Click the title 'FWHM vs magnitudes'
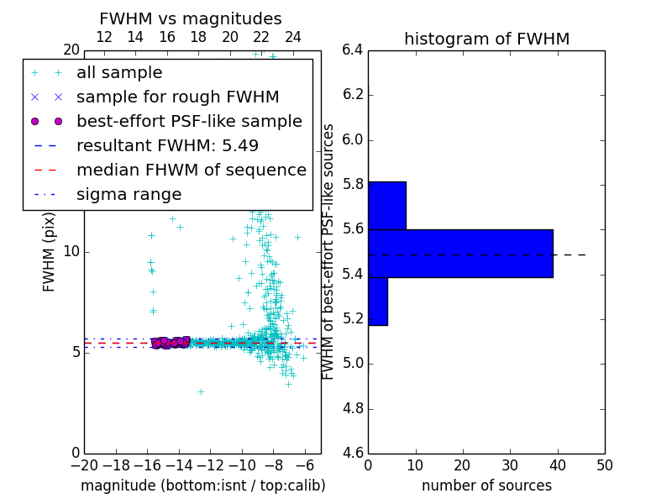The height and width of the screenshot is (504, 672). tap(190, 18)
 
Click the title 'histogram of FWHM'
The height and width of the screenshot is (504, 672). tap(486, 39)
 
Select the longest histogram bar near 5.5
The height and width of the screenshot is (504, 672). tap(460, 253)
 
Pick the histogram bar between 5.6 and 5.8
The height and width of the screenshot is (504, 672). tap(387, 205)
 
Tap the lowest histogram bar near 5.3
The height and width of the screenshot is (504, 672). tap(378, 301)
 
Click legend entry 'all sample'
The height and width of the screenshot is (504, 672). tap(119, 73)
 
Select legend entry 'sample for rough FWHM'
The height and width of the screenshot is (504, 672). tap(177, 97)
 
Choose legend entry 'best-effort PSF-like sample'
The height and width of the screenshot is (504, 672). tap(189, 121)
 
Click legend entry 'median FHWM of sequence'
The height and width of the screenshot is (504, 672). tap(191, 170)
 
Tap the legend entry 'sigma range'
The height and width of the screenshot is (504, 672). tap(129, 194)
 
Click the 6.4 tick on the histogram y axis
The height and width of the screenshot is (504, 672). tap(353, 50)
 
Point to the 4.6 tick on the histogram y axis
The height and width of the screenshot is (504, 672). tap(353, 454)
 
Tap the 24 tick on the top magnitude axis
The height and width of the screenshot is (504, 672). tap(293, 37)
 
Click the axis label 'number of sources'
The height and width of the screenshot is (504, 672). tap(486, 486)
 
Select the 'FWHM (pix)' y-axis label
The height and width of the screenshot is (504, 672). tap(50, 251)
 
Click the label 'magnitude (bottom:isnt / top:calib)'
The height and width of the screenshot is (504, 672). tap(202, 486)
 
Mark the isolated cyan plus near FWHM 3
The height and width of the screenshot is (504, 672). tap(201, 391)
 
